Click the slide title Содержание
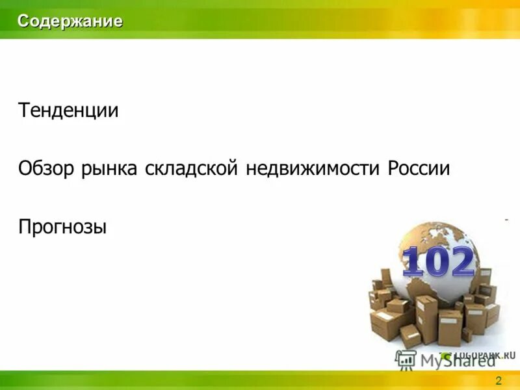(70, 21)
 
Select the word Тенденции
(68, 110)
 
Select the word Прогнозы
(62, 227)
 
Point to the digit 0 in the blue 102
(435, 263)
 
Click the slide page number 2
(499, 380)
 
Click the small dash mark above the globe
(506, 220)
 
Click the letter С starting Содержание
(23, 21)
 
